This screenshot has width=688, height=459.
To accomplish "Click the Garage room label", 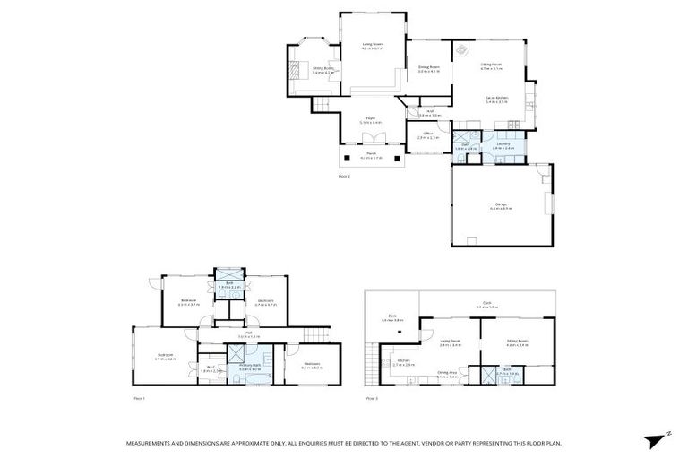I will [502, 205].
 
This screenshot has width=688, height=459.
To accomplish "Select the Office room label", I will [428, 134].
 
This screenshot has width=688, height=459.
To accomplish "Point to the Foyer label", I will [370, 120].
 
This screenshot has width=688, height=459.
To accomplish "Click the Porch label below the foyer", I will [370, 155].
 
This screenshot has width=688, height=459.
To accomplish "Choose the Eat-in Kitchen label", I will [496, 100].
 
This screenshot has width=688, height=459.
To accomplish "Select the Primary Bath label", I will [250, 367].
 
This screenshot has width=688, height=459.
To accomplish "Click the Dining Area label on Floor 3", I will [447, 375].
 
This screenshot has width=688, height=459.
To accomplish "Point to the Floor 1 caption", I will [139, 397].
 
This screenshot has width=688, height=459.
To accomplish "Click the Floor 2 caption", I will [344, 176].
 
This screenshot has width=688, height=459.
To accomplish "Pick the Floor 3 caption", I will [371, 397].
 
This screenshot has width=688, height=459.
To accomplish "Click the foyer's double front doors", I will [370, 140].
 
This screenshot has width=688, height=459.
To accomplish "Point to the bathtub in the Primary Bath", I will [238, 353].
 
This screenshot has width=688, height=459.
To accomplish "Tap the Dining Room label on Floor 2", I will [428, 68].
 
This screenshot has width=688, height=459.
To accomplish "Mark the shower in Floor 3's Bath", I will [488, 375].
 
